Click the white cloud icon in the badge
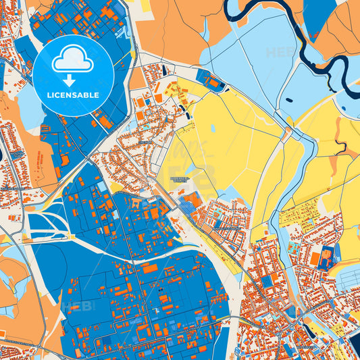(73, 60)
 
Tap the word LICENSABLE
(73, 94)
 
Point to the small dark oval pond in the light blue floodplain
(290, 100)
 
